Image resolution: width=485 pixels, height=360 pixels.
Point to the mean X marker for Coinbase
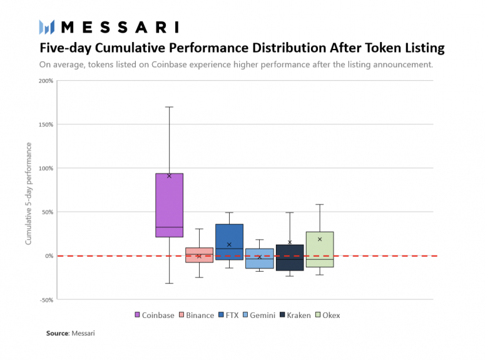point(169,176)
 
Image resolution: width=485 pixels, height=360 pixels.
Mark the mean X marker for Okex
point(320,239)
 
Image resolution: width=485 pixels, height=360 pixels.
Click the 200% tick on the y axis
point(46,81)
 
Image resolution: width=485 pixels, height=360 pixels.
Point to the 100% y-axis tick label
point(46,168)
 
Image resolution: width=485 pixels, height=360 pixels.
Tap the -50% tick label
point(46,300)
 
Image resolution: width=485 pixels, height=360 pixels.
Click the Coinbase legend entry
point(154,315)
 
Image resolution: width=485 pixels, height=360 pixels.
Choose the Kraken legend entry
point(294,315)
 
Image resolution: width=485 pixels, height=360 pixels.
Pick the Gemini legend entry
point(258,315)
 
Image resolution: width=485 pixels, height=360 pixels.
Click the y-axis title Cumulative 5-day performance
point(28,193)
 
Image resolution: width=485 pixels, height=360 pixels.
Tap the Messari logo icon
point(47,27)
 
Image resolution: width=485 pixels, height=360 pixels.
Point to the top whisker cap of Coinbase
point(169,107)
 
